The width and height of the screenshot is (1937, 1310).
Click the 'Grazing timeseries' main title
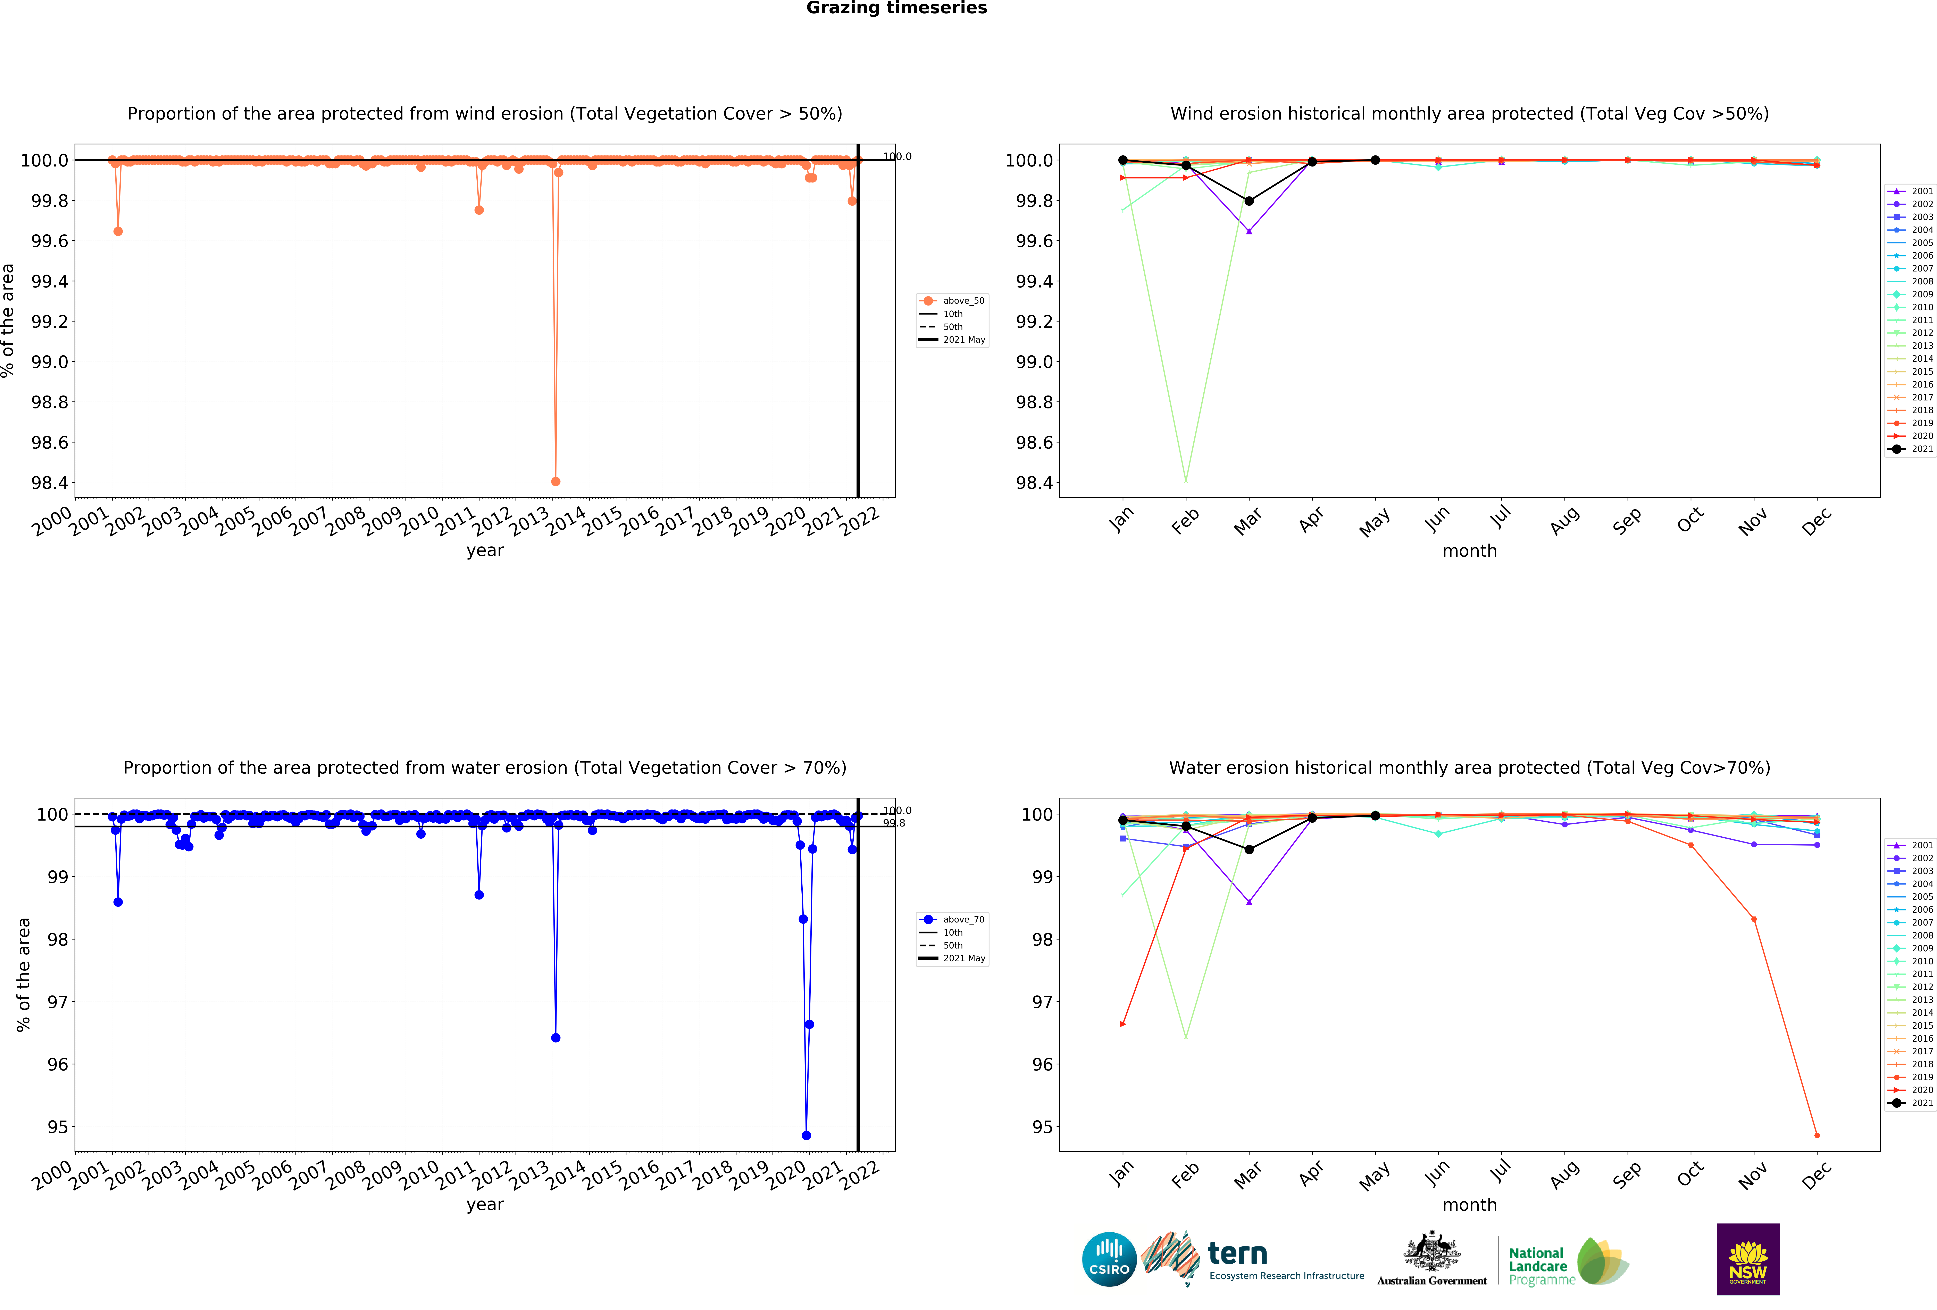pyautogui.click(x=896, y=8)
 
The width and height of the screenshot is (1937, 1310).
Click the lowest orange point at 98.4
pyautogui.click(x=556, y=481)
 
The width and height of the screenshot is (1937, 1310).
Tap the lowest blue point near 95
pyautogui.click(x=806, y=1135)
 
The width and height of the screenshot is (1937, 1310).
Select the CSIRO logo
pyautogui.click(x=1109, y=1259)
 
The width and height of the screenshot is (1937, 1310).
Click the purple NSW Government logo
pyautogui.click(x=1748, y=1259)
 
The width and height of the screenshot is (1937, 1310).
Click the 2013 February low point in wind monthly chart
pyautogui.click(x=1186, y=480)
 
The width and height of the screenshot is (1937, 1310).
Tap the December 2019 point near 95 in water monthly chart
pyautogui.click(x=1817, y=1135)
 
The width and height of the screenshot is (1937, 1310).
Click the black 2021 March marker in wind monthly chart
pyautogui.click(x=1249, y=201)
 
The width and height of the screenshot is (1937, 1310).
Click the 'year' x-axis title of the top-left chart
pyautogui.click(x=485, y=550)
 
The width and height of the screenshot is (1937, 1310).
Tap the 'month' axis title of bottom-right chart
pyautogui.click(x=1469, y=1205)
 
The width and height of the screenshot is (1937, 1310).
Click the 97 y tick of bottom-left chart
pyautogui.click(x=58, y=1001)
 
